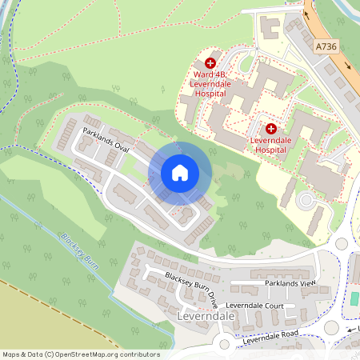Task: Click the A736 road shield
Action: pyautogui.click(x=327, y=47)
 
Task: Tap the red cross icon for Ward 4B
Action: pyautogui.click(x=210, y=62)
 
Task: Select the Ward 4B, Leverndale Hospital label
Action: pyautogui.click(x=210, y=84)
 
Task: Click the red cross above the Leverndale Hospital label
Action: pyautogui.click(x=271, y=128)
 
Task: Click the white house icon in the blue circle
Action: pyautogui.click(x=180, y=172)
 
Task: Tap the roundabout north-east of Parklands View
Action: pyautogui.click(x=342, y=243)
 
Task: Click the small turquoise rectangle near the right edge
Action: pyautogui.click(x=354, y=298)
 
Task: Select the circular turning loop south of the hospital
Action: pyautogui.click(x=306, y=199)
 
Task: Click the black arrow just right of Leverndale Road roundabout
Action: pyautogui.click(x=350, y=328)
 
